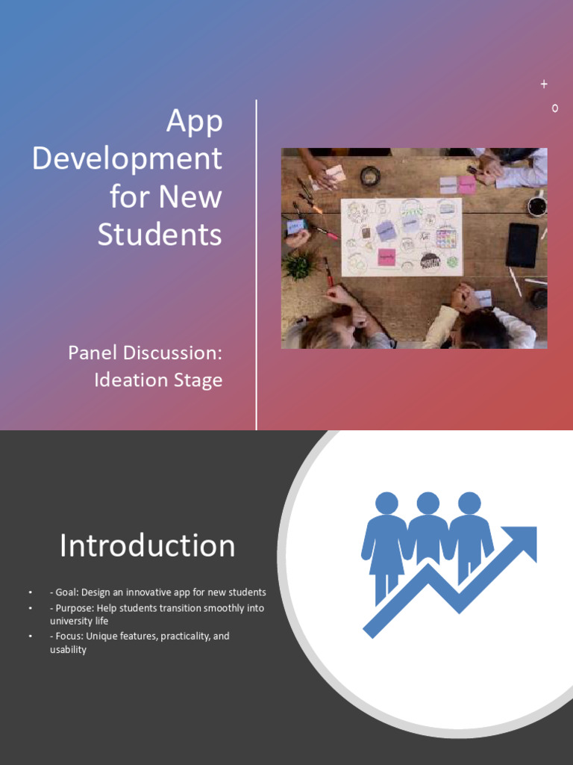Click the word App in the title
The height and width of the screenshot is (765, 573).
[194, 122]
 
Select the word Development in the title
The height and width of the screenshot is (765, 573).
[127, 159]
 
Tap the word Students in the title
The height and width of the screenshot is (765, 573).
[159, 235]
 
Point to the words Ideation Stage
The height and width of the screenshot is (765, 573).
[158, 380]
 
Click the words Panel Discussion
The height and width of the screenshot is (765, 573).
[145, 353]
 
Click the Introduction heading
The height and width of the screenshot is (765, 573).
[147, 545]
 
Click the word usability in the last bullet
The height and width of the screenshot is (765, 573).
[68, 650]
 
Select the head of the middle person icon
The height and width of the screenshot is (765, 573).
[428, 503]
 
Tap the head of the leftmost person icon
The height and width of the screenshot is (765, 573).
[386, 503]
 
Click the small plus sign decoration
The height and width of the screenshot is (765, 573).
[544, 84]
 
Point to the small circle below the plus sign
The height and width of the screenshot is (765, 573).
[554, 108]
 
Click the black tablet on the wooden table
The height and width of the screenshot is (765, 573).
[522, 244]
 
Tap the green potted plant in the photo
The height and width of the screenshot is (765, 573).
[300, 264]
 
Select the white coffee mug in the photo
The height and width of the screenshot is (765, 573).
[536, 206]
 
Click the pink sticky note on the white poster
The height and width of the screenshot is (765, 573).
[386, 257]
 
